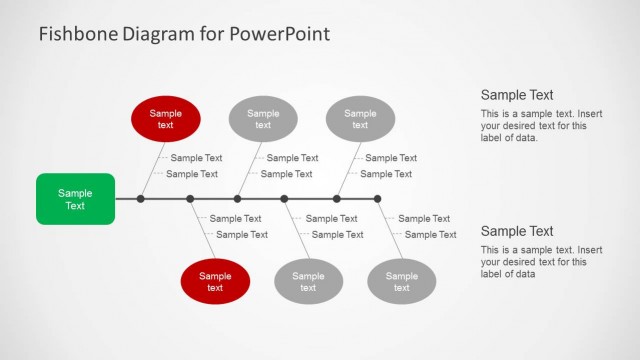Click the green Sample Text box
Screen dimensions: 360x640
pyautogui.click(x=75, y=199)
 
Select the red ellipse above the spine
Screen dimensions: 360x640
pyautogui.click(x=166, y=119)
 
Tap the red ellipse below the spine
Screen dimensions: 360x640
pyautogui.click(x=215, y=281)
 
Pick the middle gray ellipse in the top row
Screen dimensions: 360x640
pyautogui.click(x=263, y=119)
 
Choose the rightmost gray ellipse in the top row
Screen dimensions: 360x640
pyautogui.click(x=360, y=119)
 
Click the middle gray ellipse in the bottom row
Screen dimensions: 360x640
pyautogui.click(x=308, y=281)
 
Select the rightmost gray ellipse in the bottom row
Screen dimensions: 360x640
pyautogui.click(x=402, y=281)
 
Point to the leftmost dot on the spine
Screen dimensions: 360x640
pyautogui.click(x=141, y=199)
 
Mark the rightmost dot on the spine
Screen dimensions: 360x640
pyautogui.click(x=377, y=199)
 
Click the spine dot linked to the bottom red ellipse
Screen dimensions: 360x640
pyautogui.click(x=190, y=199)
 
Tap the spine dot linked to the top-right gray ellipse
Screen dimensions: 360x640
pyautogui.click(x=336, y=199)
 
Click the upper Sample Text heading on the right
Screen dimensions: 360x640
pyautogui.click(x=517, y=95)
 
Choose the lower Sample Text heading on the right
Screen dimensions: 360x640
pyautogui.click(x=517, y=231)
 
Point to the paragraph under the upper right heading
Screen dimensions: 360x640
pyautogui.click(x=527, y=126)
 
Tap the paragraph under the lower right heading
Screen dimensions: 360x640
pyautogui.click(x=527, y=262)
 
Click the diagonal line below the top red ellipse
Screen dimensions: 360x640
pyautogui.click(x=151, y=167)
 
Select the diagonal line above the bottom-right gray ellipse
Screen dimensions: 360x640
pyautogui.click(x=390, y=232)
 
